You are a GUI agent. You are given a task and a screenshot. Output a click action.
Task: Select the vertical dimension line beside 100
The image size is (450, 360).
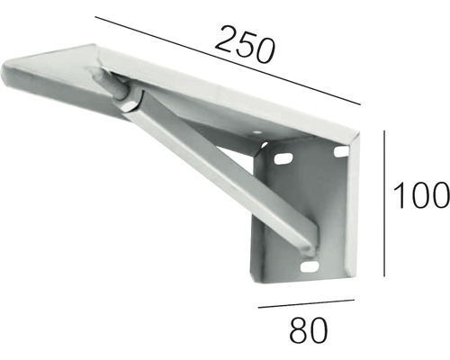[x=385, y=203]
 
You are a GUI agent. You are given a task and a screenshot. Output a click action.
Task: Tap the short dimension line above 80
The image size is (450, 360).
[x=307, y=307]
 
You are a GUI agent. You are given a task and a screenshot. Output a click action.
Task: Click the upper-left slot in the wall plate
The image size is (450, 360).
[x=285, y=158]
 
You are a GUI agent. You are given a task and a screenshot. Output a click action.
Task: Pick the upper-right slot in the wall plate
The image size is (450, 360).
[x=339, y=154]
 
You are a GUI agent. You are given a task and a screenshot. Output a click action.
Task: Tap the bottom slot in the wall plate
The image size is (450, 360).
[x=309, y=268]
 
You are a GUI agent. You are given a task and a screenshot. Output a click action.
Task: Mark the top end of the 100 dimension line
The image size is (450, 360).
[x=385, y=131]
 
